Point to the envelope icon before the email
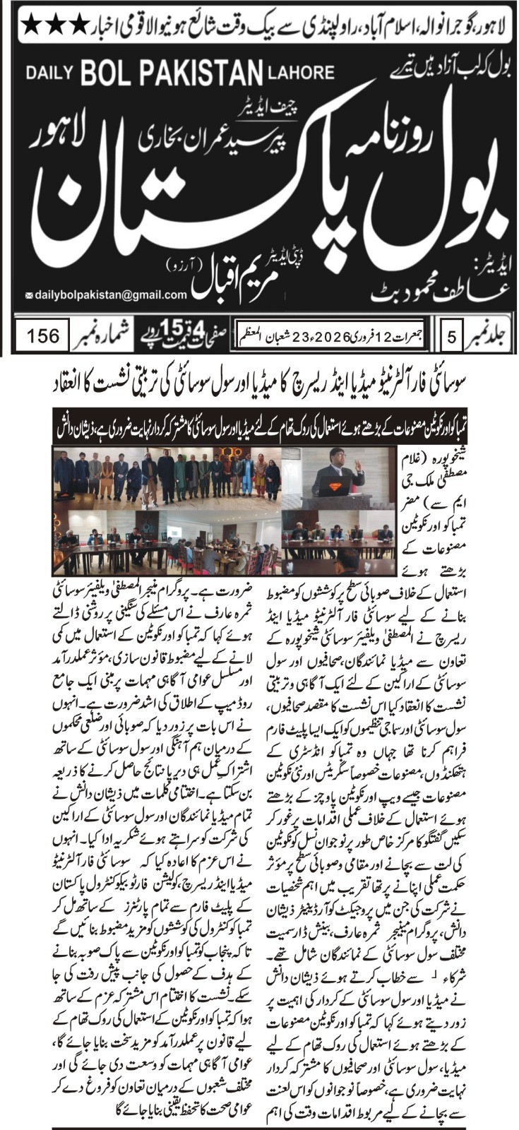28,296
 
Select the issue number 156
43,335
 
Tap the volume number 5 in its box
451,335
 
